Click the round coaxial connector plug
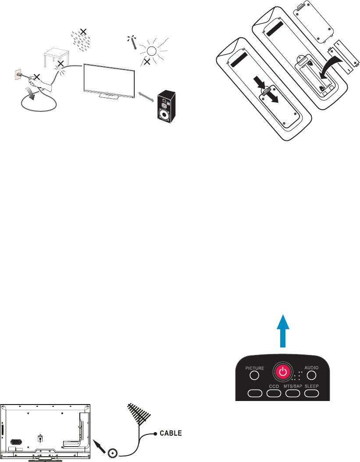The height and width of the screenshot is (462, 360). [113, 453]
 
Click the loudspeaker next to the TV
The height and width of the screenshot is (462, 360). [166, 108]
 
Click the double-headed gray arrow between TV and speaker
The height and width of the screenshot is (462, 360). [146, 98]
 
